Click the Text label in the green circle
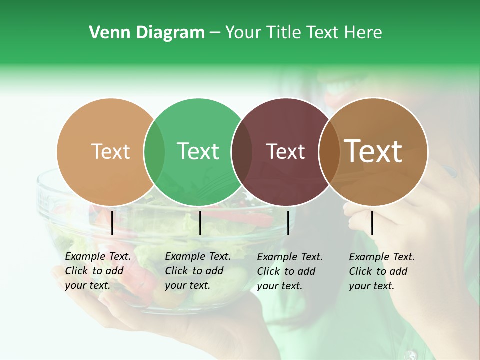click(198, 151)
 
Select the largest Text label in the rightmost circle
click(373, 151)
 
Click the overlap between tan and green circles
click(154, 152)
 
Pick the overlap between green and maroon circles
click(242, 152)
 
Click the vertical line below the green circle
click(200, 223)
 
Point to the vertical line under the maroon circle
click(288, 223)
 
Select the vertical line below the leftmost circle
click(112, 223)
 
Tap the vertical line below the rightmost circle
click(372, 223)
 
